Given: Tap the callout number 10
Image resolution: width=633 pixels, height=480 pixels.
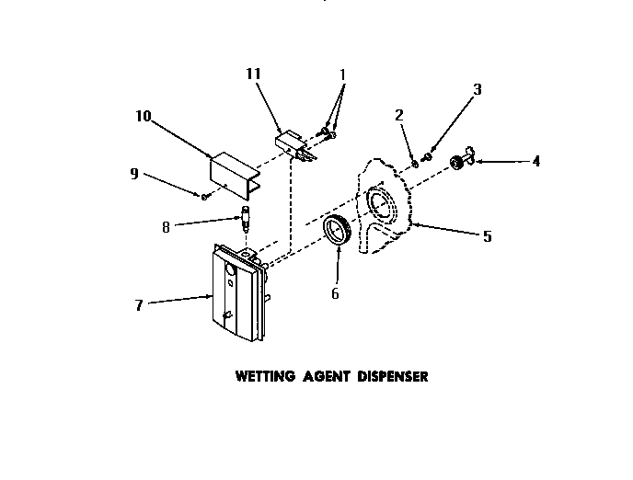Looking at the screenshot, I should click(144, 118).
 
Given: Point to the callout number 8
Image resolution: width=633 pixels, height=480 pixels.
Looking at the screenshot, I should click(166, 226).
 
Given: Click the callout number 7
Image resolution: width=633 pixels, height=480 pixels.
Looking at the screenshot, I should click(139, 305).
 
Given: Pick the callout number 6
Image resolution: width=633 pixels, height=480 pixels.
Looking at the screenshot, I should click(335, 293).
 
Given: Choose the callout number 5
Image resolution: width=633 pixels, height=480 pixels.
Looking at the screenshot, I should click(487, 236).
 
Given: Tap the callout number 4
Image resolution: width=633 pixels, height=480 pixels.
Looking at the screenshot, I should click(535, 161).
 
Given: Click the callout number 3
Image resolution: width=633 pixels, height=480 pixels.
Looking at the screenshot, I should click(477, 89).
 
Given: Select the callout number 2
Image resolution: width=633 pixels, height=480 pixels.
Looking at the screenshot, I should click(398, 115).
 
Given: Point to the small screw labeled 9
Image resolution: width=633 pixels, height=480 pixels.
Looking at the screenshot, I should click(204, 196).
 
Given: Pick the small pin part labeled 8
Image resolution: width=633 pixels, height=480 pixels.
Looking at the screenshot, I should click(247, 220).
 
